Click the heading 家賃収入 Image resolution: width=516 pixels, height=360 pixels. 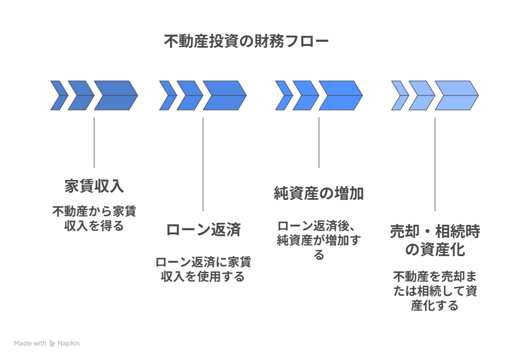(x=94, y=185)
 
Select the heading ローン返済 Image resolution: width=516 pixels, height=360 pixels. (x=203, y=230)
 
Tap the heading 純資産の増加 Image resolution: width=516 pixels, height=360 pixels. (x=318, y=194)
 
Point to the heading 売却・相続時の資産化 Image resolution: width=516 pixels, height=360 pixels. (x=434, y=240)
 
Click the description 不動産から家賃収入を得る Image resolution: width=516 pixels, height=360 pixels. (x=94, y=219)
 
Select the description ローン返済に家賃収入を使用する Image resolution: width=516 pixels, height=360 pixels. (x=203, y=269)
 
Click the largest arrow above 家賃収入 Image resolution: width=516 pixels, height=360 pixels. (x=115, y=95)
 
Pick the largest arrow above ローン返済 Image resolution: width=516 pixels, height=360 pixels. (x=224, y=95)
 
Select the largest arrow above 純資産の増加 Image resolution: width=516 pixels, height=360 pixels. (x=340, y=95)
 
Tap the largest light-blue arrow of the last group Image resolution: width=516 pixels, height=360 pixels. (x=456, y=95)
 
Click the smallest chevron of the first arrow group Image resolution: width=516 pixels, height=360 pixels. (x=59, y=95)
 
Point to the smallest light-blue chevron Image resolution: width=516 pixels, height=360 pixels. (x=399, y=95)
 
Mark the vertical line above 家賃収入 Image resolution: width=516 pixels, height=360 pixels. (x=94, y=142)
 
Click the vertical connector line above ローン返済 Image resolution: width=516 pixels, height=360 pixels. (x=203, y=163)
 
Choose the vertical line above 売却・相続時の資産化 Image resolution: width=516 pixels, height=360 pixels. (x=435, y=163)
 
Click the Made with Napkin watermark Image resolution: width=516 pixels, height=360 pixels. (x=47, y=343)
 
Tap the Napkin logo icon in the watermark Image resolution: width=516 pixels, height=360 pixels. (x=53, y=343)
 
